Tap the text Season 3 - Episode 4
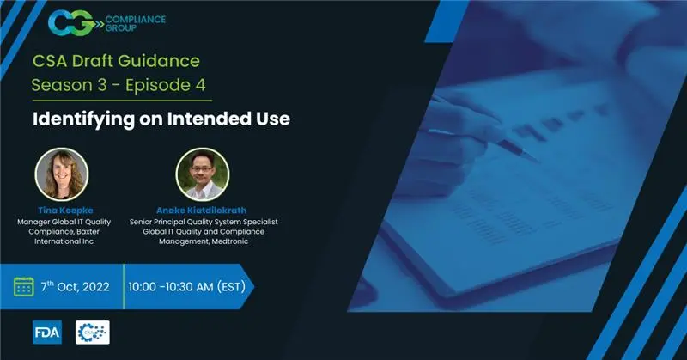(x=119, y=86)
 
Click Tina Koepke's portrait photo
(x=61, y=175)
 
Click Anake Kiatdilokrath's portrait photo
(x=202, y=175)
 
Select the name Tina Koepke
(x=61, y=211)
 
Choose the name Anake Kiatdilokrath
(x=202, y=211)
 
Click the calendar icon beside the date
(x=23, y=286)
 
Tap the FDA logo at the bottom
(x=46, y=333)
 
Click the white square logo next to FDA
(x=93, y=333)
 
